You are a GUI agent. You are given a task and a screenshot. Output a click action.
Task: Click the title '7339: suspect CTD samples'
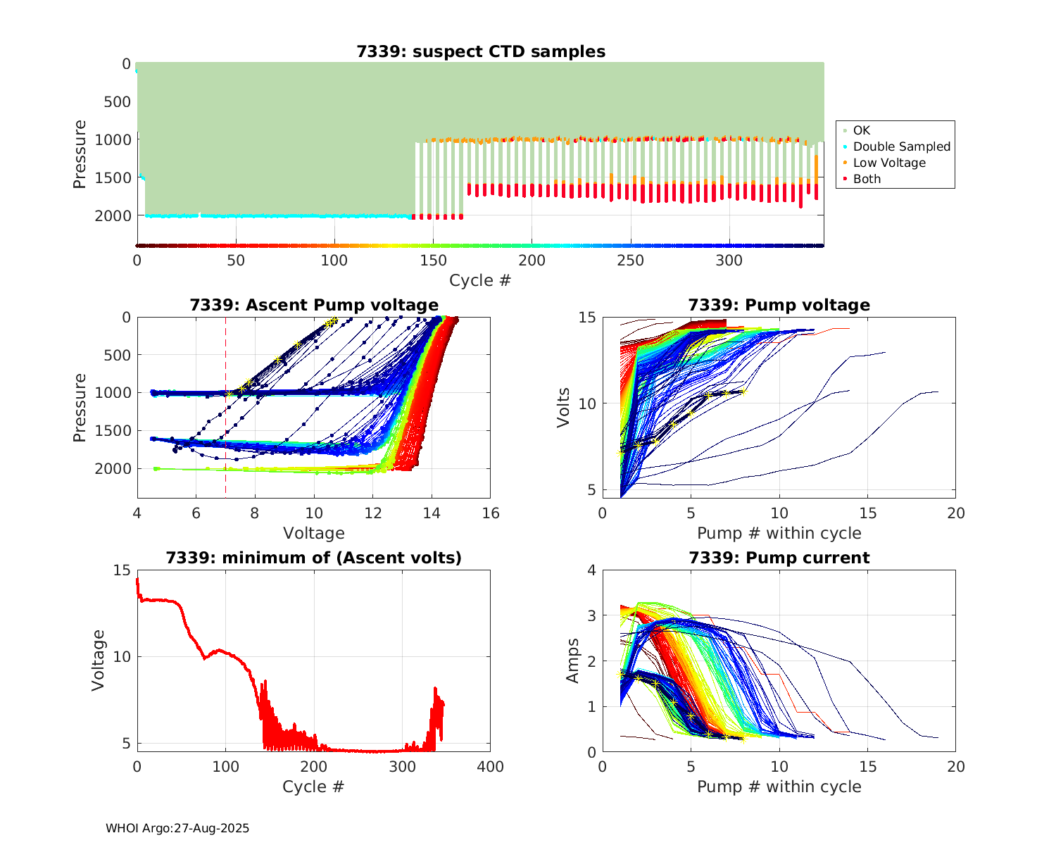pyautogui.click(x=481, y=51)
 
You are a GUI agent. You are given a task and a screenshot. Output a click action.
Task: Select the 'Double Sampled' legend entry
pyautogui.click(x=901, y=146)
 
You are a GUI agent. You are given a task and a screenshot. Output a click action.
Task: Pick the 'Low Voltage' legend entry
pyautogui.click(x=888, y=163)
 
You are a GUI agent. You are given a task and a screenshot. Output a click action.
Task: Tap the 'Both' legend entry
pyautogui.click(x=867, y=179)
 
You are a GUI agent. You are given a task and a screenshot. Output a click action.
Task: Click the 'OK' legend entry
pyautogui.click(x=861, y=130)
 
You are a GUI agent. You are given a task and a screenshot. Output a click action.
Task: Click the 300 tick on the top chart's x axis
pyautogui.click(x=729, y=261)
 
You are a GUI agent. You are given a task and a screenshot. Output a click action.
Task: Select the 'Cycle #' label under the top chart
pyautogui.click(x=480, y=280)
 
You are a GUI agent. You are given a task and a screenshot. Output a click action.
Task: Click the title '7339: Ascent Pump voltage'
pyautogui.click(x=314, y=305)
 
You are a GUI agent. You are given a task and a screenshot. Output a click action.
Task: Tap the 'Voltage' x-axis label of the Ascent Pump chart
pyautogui.click(x=314, y=533)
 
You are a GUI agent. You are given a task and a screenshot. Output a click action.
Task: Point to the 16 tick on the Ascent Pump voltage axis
pyautogui.click(x=490, y=513)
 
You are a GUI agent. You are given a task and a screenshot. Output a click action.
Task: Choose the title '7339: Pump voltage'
pyautogui.click(x=779, y=305)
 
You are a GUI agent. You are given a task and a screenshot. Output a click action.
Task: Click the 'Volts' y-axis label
pyautogui.click(x=563, y=407)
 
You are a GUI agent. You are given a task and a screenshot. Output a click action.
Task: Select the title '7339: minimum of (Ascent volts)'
pyautogui.click(x=314, y=558)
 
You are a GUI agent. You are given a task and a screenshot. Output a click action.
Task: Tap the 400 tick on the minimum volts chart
pyautogui.click(x=490, y=766)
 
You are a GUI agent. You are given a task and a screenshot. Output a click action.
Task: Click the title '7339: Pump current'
pyautogui.click(x=779, y=558)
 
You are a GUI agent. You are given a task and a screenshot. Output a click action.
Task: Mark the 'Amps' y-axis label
pyautogui.click(x=573, y=661)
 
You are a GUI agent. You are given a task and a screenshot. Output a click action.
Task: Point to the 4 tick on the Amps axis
pyautogui.click(x=591, y=570)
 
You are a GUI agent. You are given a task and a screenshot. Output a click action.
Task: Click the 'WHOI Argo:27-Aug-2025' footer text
pyautogui.click(x=177, y=828)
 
